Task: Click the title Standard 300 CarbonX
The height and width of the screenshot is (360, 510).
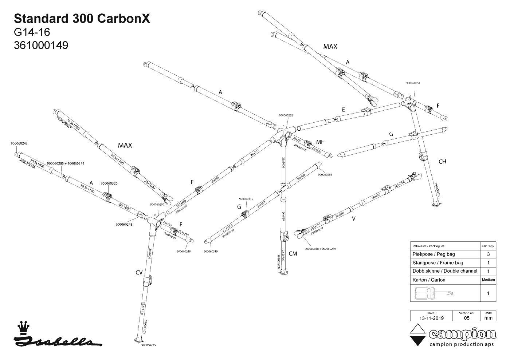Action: pos(82,19)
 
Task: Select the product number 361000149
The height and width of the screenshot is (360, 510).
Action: pos(41,45)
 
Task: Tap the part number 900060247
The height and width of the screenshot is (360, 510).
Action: pos(19,143)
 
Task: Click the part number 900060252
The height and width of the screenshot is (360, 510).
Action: pos(286,115)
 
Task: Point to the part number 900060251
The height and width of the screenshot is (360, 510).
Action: pos(413,83)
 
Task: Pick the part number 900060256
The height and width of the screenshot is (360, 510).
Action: pos(325,175)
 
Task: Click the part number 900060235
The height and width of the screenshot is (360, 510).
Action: pos(148,345)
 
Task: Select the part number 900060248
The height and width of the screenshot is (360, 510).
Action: pos(184,251)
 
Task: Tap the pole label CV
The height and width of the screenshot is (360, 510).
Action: pos(139,272)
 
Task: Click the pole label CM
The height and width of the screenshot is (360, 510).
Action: pos(293,254)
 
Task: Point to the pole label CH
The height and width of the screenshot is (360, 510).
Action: pos(442,162)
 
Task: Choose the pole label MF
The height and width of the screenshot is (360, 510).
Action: pos(320,142)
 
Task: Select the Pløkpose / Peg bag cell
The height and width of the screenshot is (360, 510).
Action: pos(433,254)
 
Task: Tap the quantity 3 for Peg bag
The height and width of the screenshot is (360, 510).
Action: pos(488,254)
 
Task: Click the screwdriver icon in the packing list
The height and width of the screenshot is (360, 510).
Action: pos(433,293)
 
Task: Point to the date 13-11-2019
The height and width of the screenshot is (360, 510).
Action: pos(431,318)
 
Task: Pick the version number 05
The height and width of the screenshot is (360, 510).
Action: pos(467,318)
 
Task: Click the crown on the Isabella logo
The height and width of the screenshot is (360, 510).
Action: pos(24,327)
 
